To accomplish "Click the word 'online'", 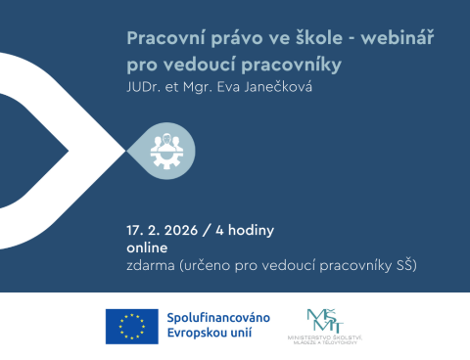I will [x=147, y=247].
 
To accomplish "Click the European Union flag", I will [x=131, y=326].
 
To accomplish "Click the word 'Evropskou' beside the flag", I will [x=199, y=335].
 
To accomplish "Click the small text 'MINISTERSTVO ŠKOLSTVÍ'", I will [x=324, y=337].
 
